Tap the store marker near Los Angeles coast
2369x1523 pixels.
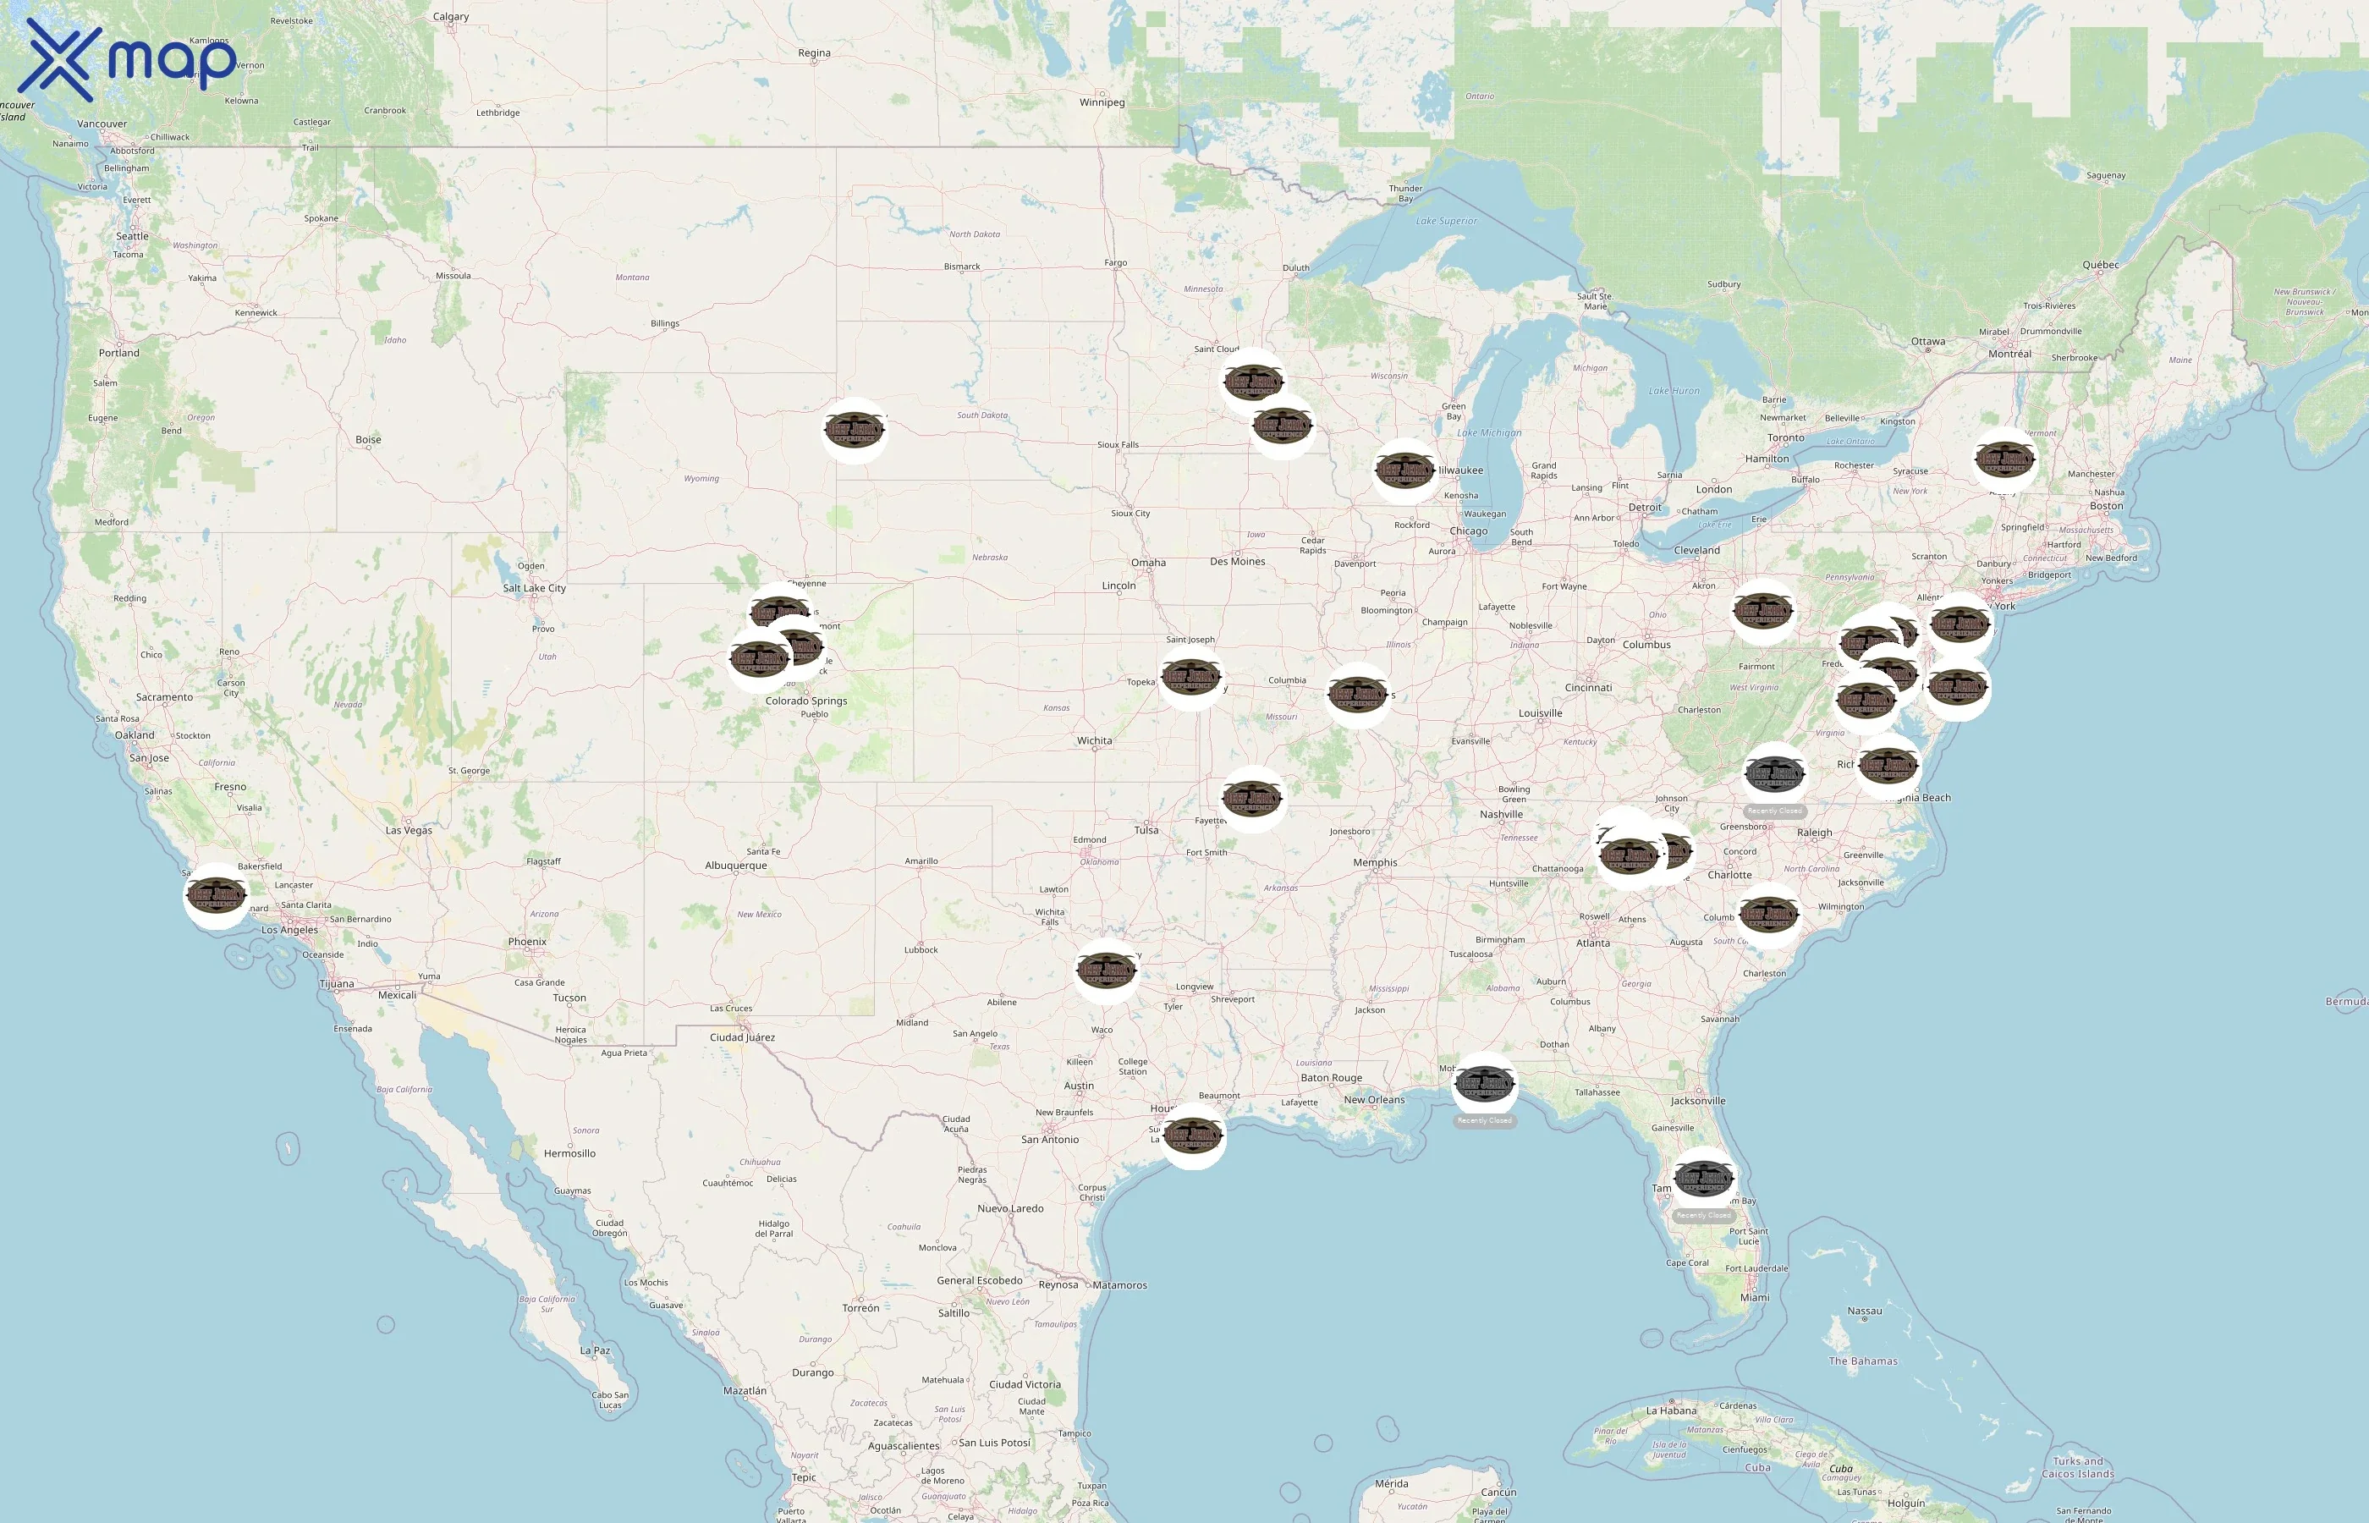click(x=217, y=895)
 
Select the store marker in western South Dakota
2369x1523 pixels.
click(x=855, y=430)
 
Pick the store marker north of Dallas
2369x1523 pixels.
click(x=1107, y=970)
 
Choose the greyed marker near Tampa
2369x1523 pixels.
click(x=1704, y=1178)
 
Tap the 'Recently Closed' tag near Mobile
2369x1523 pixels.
click(x=1484, y=1120)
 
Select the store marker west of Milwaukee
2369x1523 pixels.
click(x=1405, y=470)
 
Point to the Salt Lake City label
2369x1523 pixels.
click(x=534, y=588)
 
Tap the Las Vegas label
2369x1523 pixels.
click(x=409, y=831)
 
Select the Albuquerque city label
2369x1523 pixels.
click(x=735, y=866)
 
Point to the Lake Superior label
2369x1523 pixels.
click(x=1446, y=221)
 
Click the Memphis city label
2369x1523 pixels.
click(x=1374, y=862)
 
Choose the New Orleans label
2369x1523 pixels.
click(x=1373, y=1100)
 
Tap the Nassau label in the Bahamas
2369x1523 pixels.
click(x=1864, y=1311)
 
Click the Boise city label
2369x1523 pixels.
click(x=368, y=440)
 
